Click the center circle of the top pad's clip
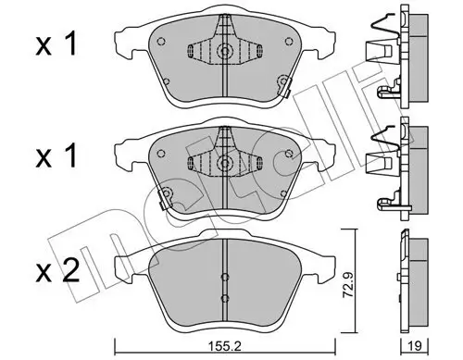coord(223,52)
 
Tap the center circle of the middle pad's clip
coord(223,164)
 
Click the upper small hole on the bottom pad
coord(223,276)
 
